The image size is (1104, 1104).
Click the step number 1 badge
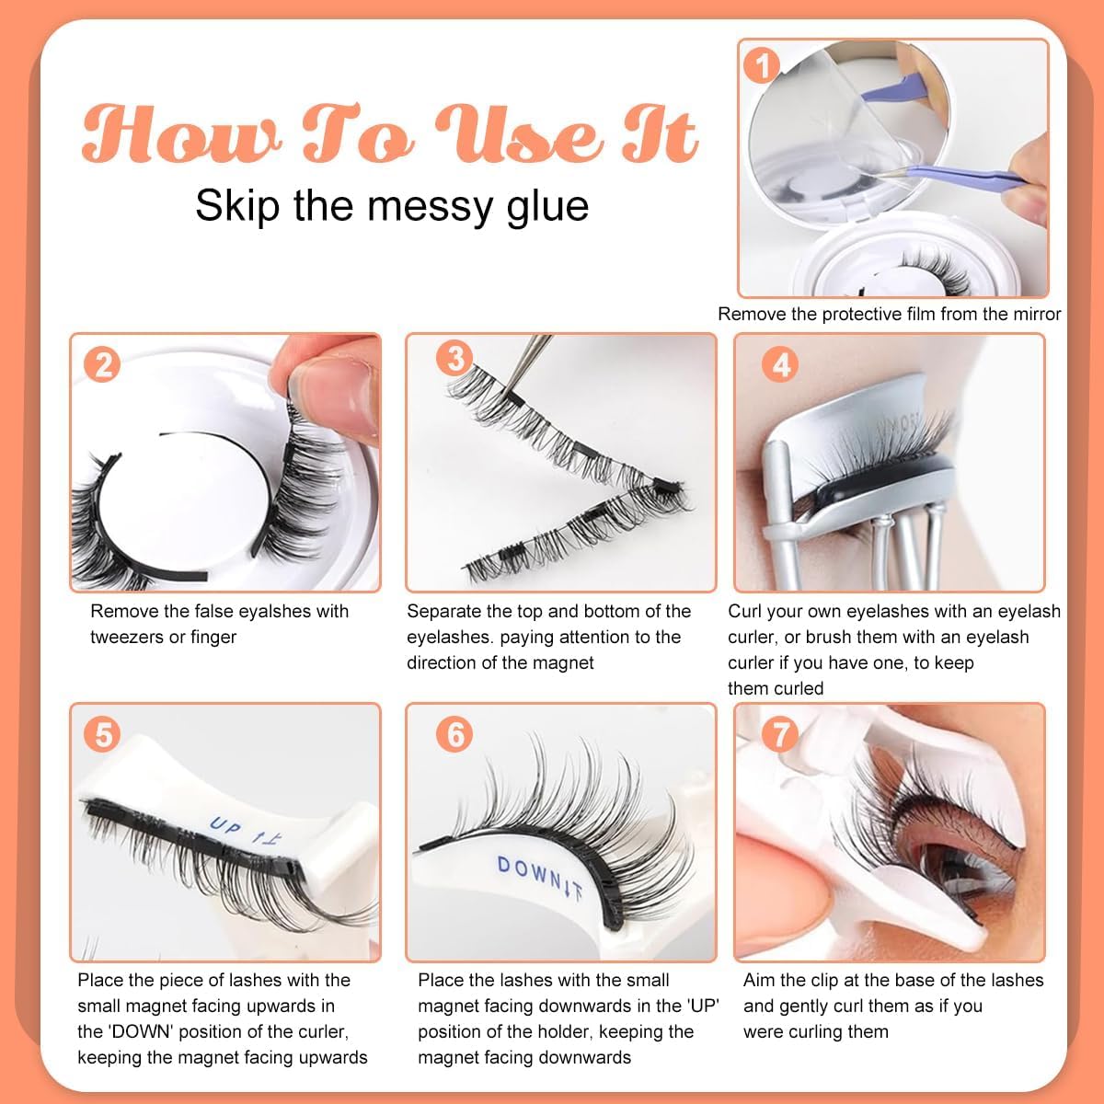coord(762,64)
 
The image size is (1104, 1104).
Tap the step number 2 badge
coord(103,364)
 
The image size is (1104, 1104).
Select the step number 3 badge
coord(455,356)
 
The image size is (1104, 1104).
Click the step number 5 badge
coord(102,734)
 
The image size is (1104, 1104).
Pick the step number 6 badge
coord(454,734)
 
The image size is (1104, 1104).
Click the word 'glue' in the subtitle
coord(546,204)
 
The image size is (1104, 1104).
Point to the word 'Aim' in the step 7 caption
coord(759,980)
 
